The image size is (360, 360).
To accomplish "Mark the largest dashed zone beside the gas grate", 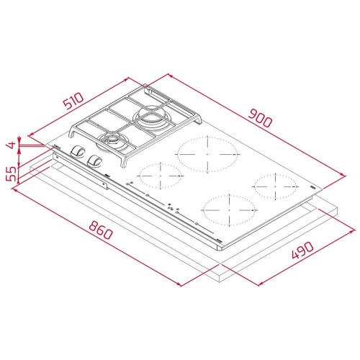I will [207, 153].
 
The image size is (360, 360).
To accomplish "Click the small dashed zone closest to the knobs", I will [159, 174].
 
